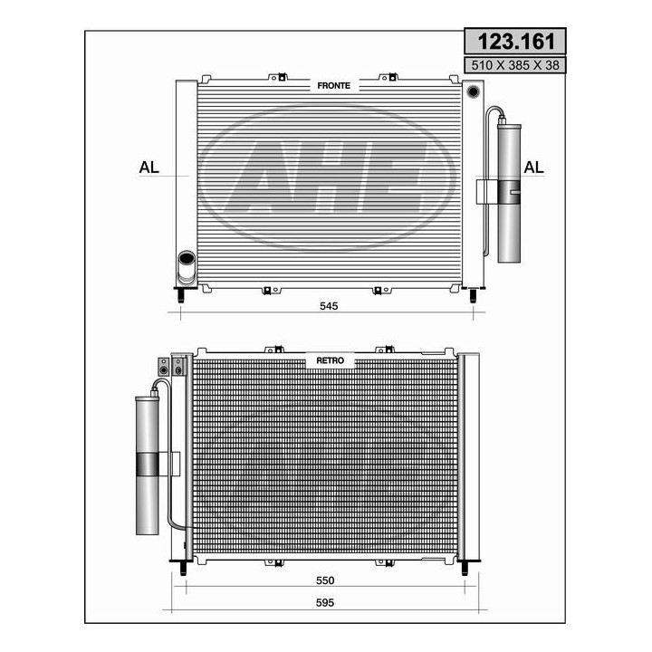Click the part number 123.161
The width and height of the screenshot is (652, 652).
click(514, 42)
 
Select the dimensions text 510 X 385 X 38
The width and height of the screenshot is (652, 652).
click(514, 65)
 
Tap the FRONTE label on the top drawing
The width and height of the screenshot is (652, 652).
click(333, 85)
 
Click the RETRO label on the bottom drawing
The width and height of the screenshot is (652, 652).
click(330, 360)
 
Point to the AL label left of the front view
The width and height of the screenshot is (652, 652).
click(149, 168)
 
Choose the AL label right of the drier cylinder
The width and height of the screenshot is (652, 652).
click(535, 168)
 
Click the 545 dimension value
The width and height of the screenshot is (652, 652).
click(328, 307)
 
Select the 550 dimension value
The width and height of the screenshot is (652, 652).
click(325, 580)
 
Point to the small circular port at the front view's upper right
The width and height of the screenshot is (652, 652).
click(472, 91)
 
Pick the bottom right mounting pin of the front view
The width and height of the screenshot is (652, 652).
click(472, 295)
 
